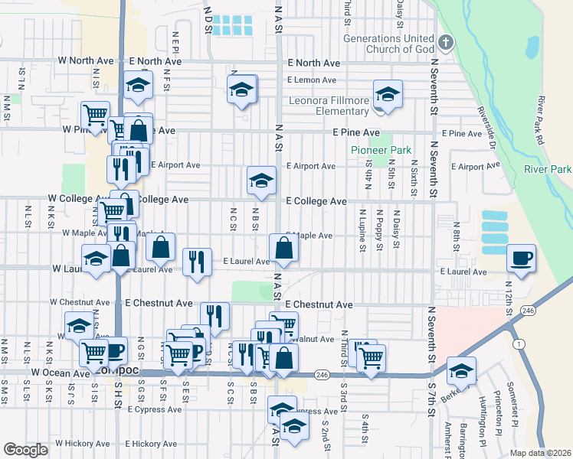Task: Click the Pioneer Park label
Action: (x=381, y=151)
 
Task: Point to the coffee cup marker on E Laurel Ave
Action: (x=522, y=258)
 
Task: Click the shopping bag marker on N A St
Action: (x=283, y=248)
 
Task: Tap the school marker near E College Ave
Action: (x=261, y=181)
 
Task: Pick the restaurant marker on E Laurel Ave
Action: (x=198, y=262)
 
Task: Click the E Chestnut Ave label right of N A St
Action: (x=319, y=304)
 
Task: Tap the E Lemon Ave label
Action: (x=312, y=80)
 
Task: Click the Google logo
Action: (x=25, y=450)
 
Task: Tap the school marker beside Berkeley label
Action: (x=461, y=371)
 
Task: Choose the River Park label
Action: (x=548, y=169)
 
